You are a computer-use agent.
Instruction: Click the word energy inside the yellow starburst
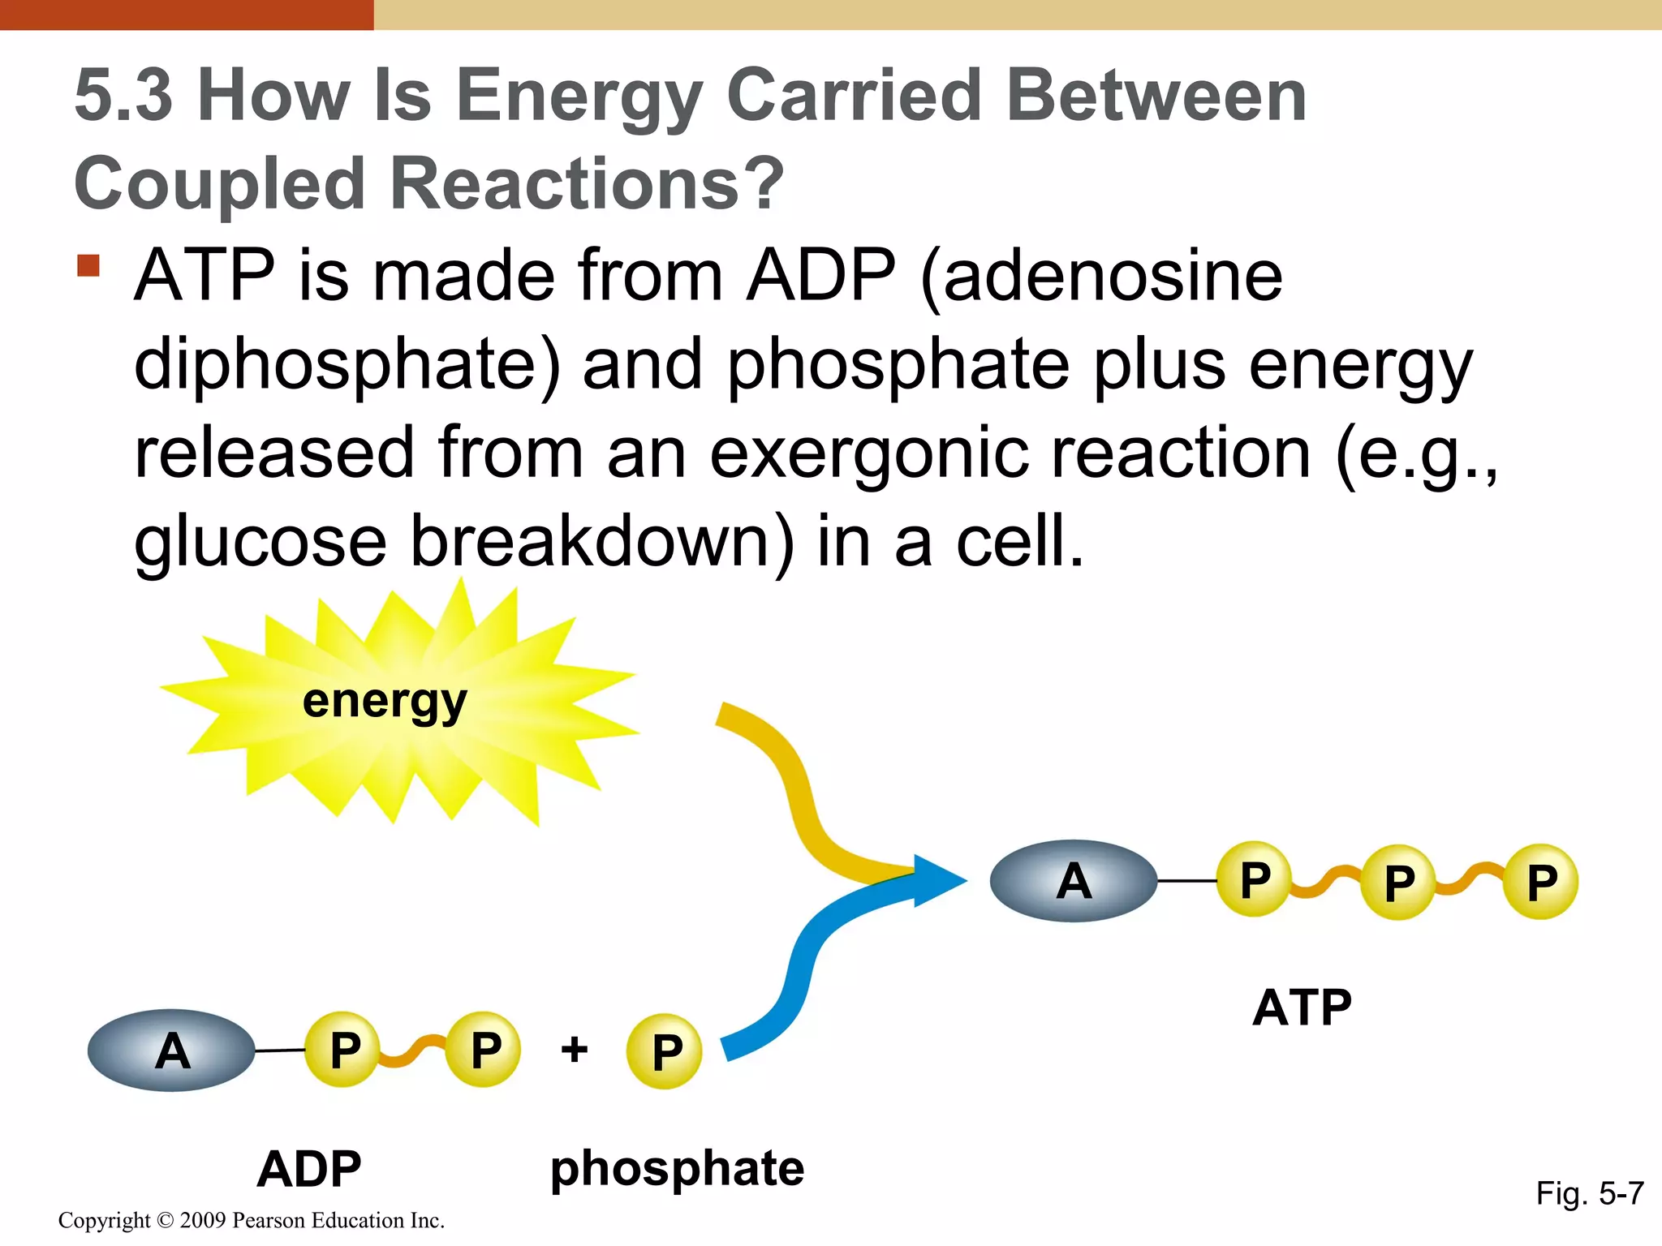pyautogui.click(x=385, y=701)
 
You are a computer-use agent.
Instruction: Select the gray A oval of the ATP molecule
pyautogui.click(x=1074, y=881)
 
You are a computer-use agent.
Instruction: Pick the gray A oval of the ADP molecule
pyautogui.click(x=171, y=1051)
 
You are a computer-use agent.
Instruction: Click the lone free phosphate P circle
pyautogui.click(x=665, y=1052)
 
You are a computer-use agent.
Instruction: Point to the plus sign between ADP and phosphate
pyautogui.click(x=575, y=1050)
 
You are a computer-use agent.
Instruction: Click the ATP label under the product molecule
pyautogui.click(x=1302, y=1008)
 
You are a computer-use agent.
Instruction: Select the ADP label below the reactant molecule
pyautogui.click(x=309, y=1169)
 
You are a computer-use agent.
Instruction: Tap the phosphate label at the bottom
pyautogui.click(x=677, y=1169)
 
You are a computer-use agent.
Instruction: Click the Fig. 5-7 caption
pyautogui.click(x=1589, y=1193)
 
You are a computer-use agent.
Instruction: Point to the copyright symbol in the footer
pyautogui.click(x=166, y=1221)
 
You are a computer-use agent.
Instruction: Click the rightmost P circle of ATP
pyautogui.click(x=1541, y=882)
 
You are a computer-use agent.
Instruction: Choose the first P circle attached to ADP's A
pyautogui.click(x=343, y=1050)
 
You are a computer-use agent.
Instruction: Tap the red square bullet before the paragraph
pyautogui.click(x=88, y=266)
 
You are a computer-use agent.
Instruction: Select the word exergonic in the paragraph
pyautogui.click(x=870, y=453)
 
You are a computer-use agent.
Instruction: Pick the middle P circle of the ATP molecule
pyautogui.click(x=1398, y=882)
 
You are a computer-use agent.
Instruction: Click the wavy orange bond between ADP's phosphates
pyautogui.click(x=412, y=1051)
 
